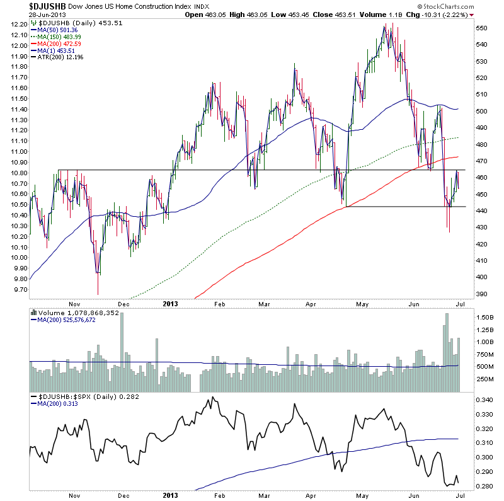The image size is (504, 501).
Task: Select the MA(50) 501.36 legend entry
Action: tap(60, 30)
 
